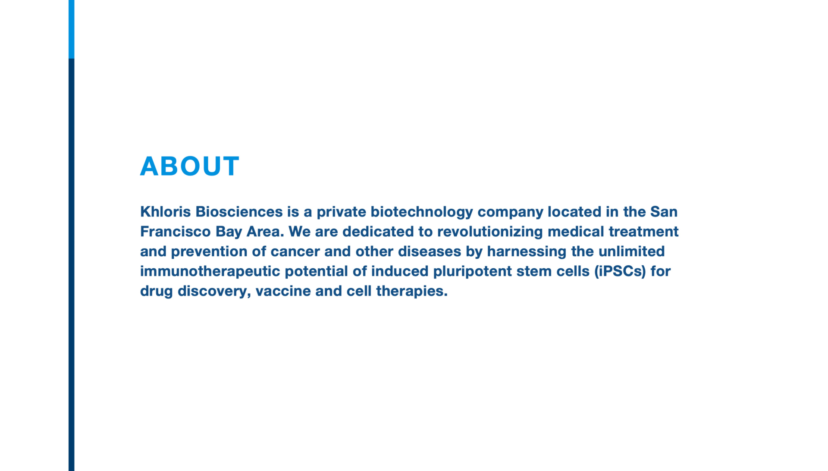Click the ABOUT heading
(x=190, y=166)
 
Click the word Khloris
(x=166, y=212)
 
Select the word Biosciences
(x=239, y=212)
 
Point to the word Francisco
(x=176, y=232)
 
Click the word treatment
(x=643, y=232)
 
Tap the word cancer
(x=295, y=252)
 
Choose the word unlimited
(x=631, y=251)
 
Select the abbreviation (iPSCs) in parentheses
(x=620, y=272)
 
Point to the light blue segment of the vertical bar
(x=71, y=29)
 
